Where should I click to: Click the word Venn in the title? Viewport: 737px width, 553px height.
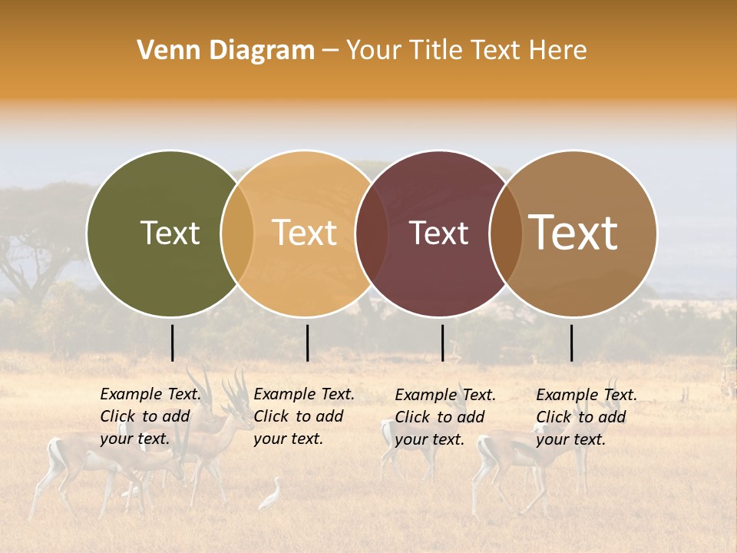[164, 51]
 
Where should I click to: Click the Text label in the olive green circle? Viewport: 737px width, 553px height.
[170, 233]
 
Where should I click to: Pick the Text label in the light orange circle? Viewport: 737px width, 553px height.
[305, 233]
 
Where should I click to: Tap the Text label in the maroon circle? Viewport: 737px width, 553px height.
[439, 233]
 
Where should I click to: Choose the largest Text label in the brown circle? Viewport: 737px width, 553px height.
[573, 233]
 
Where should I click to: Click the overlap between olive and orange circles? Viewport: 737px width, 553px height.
[237, 233]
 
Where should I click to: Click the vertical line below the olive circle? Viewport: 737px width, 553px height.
[173, 343]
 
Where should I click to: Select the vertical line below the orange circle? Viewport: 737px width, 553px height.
[307, 343]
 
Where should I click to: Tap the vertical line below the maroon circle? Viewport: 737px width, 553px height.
[443, 343]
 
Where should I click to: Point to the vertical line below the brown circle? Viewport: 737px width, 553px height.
[572, 343]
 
